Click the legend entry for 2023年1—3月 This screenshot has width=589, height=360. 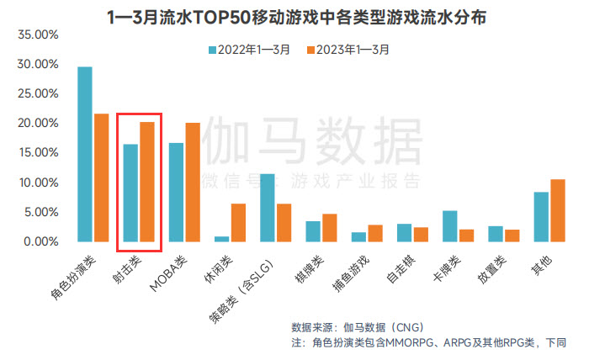[x=348, y=50]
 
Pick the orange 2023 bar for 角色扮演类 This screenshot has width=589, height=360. [x=101, y=177]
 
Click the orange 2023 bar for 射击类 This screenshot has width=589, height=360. [x=146, y=182]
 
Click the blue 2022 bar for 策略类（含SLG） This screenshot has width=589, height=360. [x=268, y=208]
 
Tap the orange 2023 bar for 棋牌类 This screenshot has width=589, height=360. [x=329, y=227]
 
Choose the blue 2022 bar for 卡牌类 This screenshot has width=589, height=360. [x=450, y=225]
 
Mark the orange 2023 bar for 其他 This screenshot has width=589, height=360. [x=557, y=210]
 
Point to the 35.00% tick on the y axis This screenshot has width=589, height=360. [x=37, y=35]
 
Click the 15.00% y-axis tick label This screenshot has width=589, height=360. [x=37, y=153]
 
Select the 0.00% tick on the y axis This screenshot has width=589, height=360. [x=40, y=242]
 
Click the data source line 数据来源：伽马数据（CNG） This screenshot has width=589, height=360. [x=357, y=326]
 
